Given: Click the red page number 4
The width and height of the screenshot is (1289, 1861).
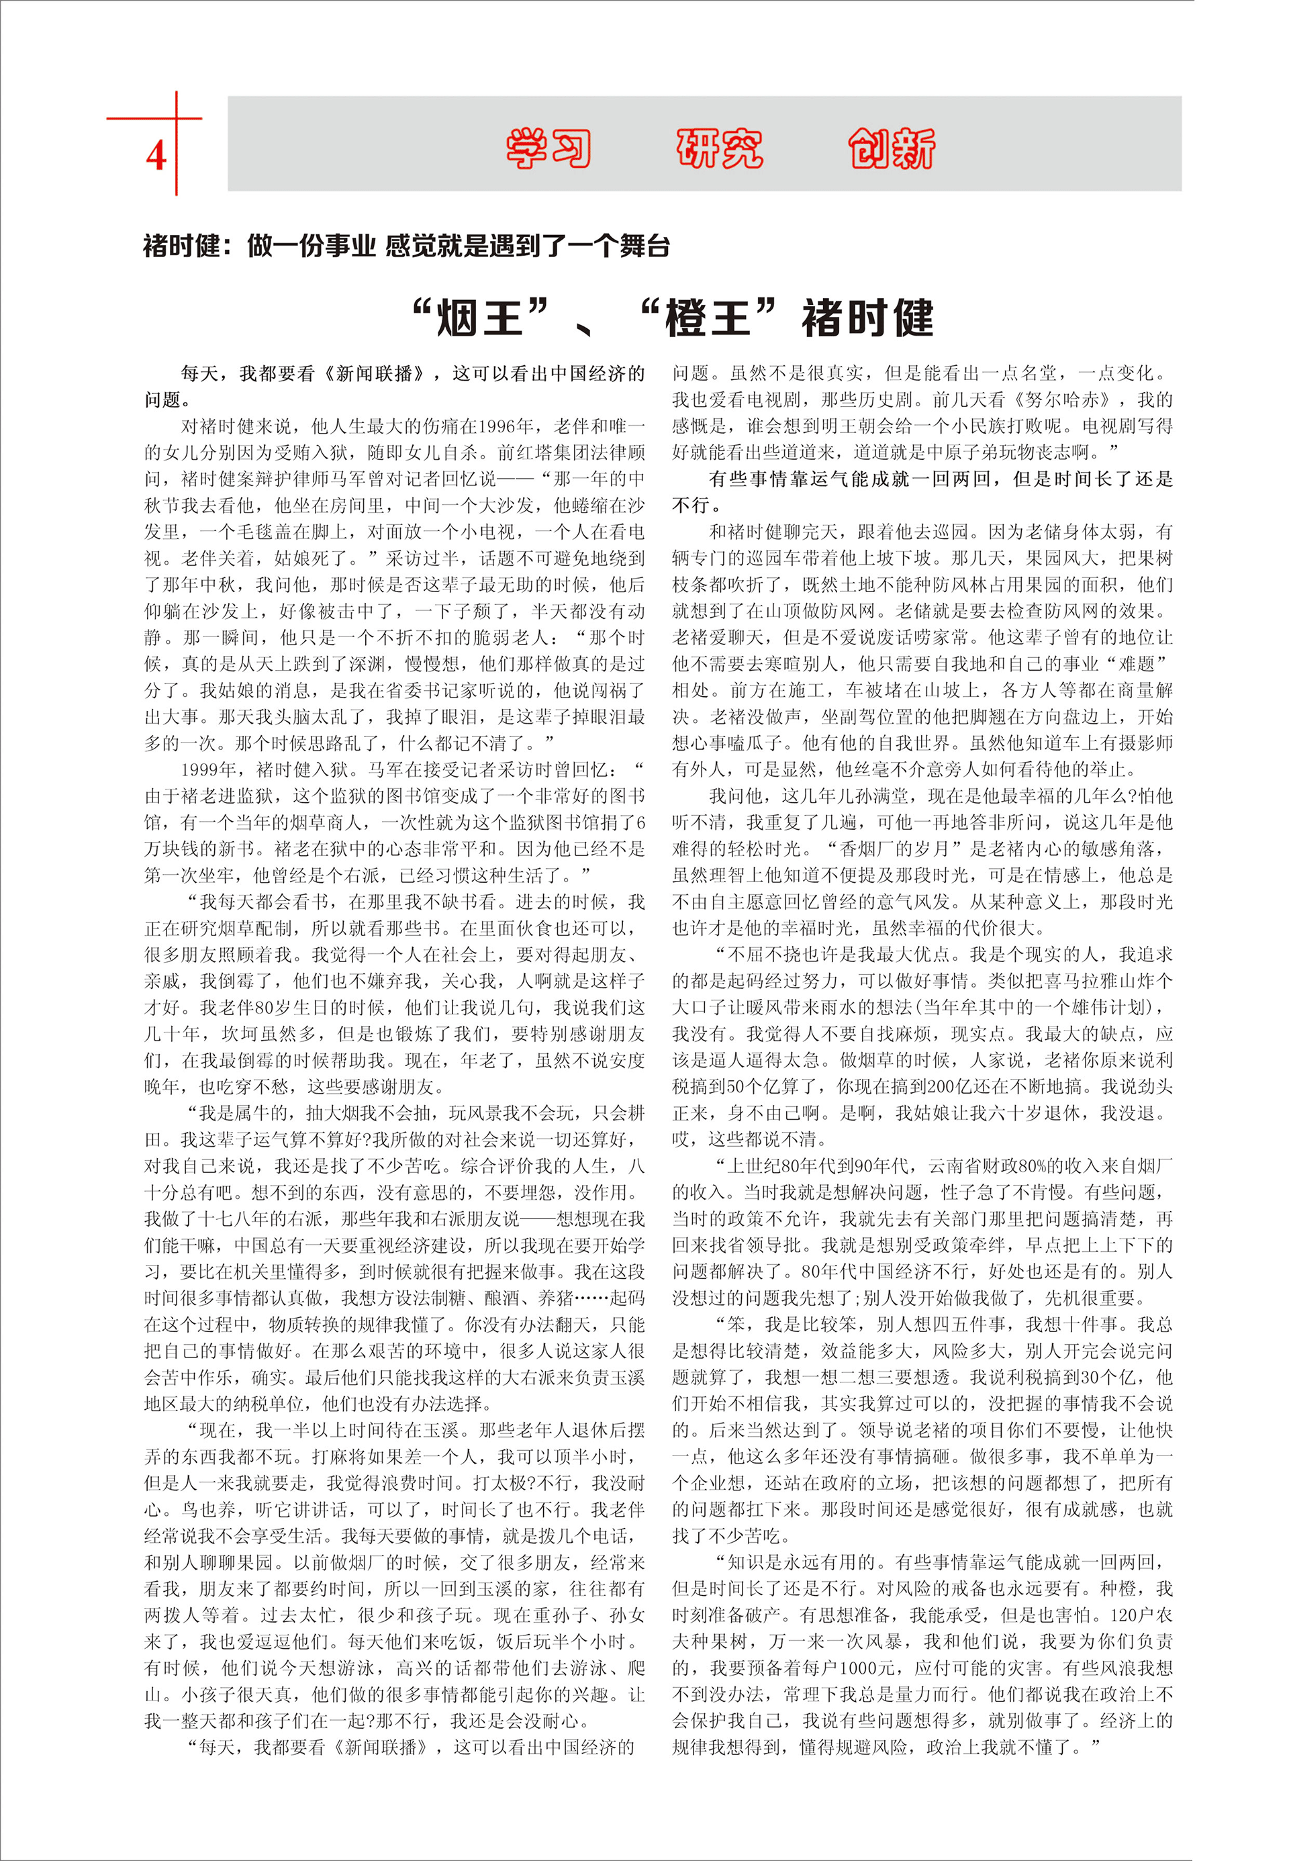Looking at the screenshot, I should tap(156, 154).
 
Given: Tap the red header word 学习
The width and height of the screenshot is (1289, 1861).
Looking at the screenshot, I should tap(548, 148).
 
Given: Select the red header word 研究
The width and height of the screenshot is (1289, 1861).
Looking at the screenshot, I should tap(720, 148).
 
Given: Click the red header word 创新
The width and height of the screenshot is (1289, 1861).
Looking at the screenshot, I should tap(892, 148).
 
